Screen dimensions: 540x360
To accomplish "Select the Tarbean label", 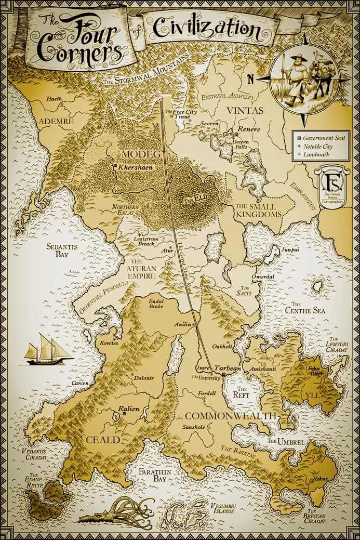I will [228, 367].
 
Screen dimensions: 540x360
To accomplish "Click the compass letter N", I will [250, 80].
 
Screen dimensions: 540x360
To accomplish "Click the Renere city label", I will [248, 128].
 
